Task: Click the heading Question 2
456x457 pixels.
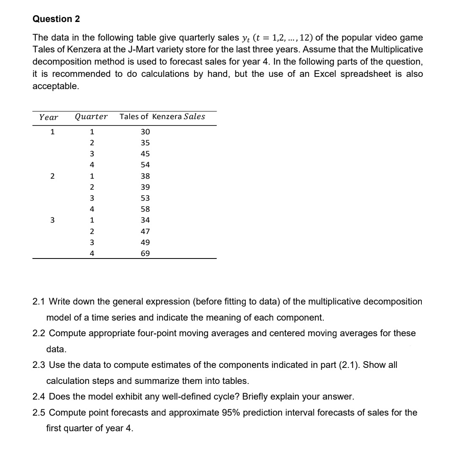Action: click(x=56, y=19)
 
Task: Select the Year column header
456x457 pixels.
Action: click(x=49, y=117)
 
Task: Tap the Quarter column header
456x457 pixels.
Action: click(x=91, y=117)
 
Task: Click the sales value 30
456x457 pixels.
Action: click(x=145, y=132)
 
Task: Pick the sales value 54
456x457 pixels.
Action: click(x=145, y=165)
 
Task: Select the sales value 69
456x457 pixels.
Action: click(x=145, y=253)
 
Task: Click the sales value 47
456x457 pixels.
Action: click(x=145, y=231)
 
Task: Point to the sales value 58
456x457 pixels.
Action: click(x=145, y=209)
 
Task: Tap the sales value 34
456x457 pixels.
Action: click(x=145, y=220)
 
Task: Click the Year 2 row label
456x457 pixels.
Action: click(x=52, y=176)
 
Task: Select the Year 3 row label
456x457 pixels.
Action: click(x=52, y=220)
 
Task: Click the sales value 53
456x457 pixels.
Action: click(x=145, y=198)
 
